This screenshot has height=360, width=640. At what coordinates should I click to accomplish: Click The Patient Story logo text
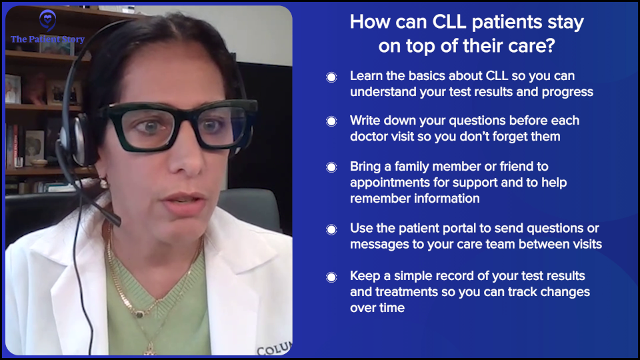(x=47, y=39)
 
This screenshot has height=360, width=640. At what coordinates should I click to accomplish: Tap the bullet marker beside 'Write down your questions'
(x=331, y=121)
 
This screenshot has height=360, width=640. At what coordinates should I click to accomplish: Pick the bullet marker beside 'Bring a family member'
(x=331, y=167)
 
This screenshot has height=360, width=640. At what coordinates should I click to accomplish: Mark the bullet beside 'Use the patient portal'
(x=331, y=229)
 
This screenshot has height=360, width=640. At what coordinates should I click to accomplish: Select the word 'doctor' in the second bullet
(x=372, y=137)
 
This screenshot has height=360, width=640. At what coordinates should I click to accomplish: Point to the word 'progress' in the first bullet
(x=565, y=92)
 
